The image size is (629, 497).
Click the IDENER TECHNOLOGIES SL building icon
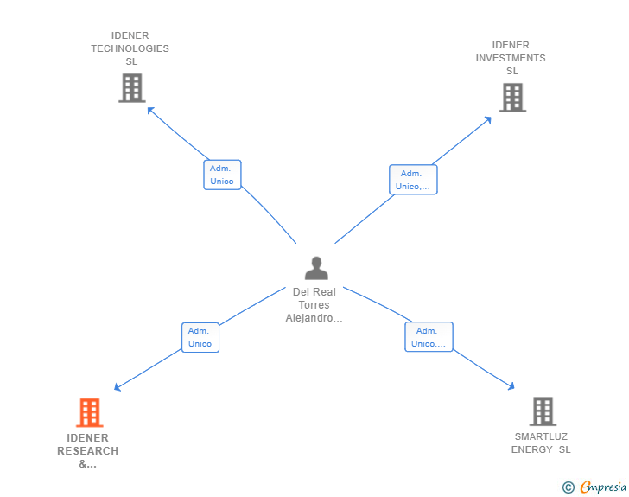tap(132, 88)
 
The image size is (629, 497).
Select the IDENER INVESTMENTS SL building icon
tap(512, 98)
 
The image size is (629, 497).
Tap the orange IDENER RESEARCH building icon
tap(90, 412)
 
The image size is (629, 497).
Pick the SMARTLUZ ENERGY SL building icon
tap(543, 411)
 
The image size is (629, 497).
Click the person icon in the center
tap(316, 268)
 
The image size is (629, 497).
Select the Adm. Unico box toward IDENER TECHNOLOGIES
tap(222, 175)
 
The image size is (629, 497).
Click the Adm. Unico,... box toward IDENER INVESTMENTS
tap(413, 180)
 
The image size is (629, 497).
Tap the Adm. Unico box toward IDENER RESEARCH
tap(200, 337)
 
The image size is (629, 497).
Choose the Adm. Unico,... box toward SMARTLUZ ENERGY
tap(429, 337)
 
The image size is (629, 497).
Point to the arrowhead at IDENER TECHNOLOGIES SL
tap(150, 110)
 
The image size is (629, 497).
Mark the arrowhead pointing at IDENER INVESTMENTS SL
tap(488, 119)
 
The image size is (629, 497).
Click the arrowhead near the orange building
tap(118, 387)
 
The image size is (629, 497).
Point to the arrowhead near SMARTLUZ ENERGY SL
tap(511, 386)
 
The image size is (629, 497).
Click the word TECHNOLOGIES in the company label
tap(130, 48)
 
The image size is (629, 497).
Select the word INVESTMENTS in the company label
tap(511, 58)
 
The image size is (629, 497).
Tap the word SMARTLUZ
tap(541, 436)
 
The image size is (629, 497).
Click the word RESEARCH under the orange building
tap(88, 451)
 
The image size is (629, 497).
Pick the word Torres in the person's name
tap(314, 305)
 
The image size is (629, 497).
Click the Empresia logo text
tap(603, 487)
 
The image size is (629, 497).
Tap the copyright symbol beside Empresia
tap(569, 487)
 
